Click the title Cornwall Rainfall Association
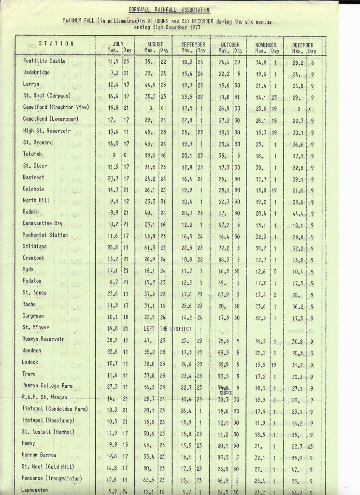pyautogui.click(x=169, y=10)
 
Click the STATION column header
pyautogui.click(x=57, y=44)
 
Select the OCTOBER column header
pyautogui.click(x=230, y=44)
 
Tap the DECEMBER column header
pyautogui.click(x=303, y=45)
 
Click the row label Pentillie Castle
pyautogui.click(x=44, y=61)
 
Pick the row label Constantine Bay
pyautogui.click(x=43, y=223)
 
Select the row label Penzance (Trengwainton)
pyautogui.click(x=52, y=478)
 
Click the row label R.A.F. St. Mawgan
pyautogui.click(x=45, y=397)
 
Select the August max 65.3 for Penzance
pyautogui.click(x=150, y=479)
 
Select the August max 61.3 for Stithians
pyautogui.click(x=150, y=247)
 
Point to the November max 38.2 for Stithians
pyautogui.click(x=261, y=247)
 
